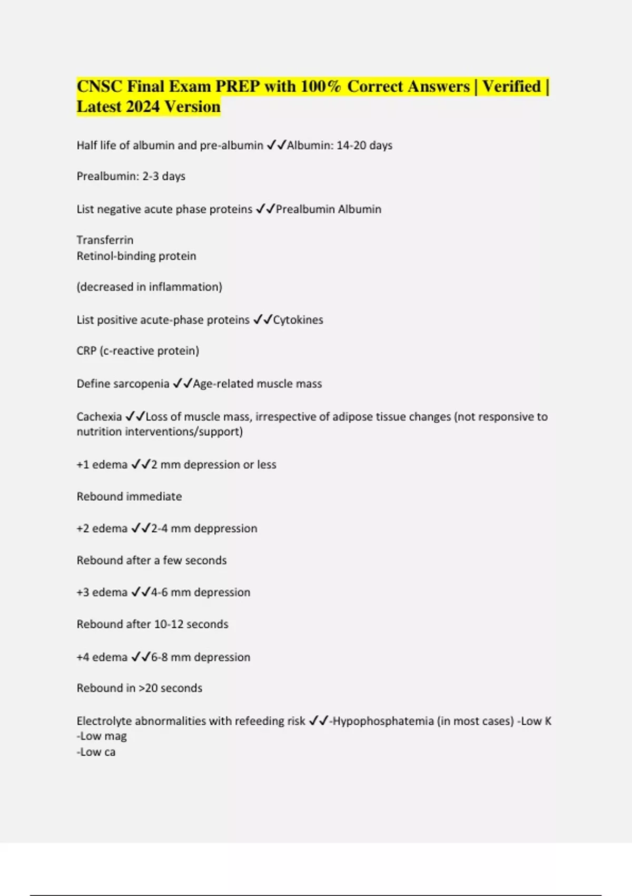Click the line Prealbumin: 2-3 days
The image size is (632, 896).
131,176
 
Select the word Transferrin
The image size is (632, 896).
105,240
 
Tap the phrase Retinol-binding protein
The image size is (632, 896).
136,256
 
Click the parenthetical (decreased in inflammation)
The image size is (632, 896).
150,287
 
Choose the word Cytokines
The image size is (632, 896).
298,320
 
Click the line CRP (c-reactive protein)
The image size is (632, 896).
138,351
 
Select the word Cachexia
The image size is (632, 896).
99,417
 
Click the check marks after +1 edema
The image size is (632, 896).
141,464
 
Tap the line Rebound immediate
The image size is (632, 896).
129,496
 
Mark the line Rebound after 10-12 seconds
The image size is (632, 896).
152,625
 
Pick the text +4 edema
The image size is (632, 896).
102,657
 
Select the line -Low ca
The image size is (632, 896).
96,752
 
